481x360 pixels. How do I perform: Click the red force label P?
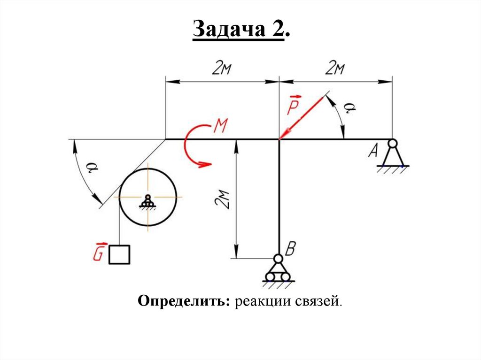[292, 106]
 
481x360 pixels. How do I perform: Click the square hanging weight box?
[119, 254]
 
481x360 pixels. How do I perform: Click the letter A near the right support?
[374, 151]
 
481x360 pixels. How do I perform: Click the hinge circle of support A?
[392, 143]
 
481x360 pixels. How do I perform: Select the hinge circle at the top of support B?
[279, 259]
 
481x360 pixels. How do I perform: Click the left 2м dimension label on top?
[222, 69]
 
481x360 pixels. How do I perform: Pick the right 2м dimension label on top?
[335, 69]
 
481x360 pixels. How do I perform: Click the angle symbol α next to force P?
[348, 109]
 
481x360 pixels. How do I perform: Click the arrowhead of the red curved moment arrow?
[205, 164]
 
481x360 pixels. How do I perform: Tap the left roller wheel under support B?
[270, 277]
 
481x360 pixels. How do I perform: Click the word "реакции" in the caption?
[263, 300]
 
